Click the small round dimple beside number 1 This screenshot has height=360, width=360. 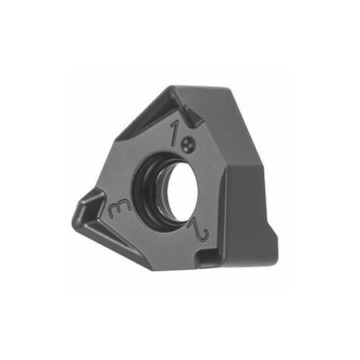click(x=189, y=143)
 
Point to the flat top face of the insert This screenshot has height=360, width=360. click(x=216, y=100)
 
